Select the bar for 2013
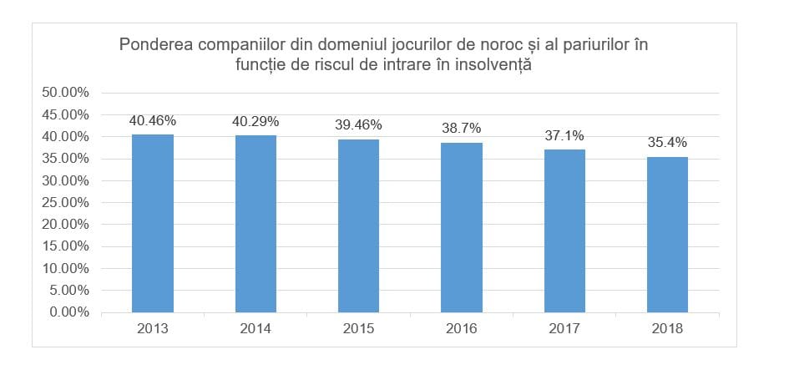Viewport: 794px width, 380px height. [x=153, y=224]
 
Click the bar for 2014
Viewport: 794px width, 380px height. [x=255, y=224]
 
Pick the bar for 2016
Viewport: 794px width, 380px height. [x=462, y=228]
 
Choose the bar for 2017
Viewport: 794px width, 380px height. [x=564, y=231]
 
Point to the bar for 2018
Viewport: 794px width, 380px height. [x=667, y=235]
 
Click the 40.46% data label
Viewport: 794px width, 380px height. [x=153, y=120]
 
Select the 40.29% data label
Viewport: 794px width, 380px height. [x=255, y=121]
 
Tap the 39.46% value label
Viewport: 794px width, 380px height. [x=359, y=125]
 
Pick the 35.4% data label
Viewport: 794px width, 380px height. [x=667, y=143]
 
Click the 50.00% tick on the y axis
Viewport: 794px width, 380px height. [x=65, y=92]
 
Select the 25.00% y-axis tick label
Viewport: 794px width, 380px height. [x=65, y=202]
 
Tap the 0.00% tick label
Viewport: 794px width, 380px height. [x=68, y=312]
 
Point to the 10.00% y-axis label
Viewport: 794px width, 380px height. [x=65, y=268]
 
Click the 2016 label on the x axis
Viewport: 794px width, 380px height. [x=462, y=329]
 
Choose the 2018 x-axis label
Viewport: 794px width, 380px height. [x=667, y=329]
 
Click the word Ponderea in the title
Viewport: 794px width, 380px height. [x=155, y=43]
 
